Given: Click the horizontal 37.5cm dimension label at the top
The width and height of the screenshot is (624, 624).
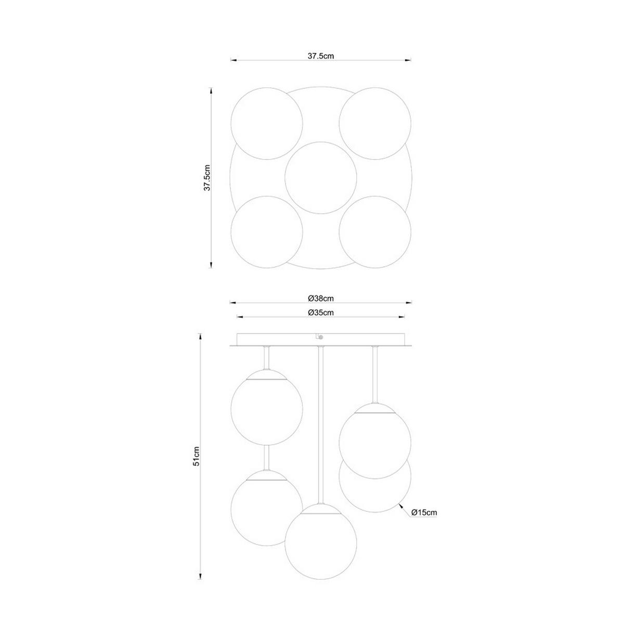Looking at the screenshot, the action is pos(320,56).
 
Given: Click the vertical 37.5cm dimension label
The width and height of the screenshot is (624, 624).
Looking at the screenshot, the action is pos(207,178).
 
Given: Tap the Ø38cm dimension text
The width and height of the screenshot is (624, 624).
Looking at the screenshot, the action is pos(320,298).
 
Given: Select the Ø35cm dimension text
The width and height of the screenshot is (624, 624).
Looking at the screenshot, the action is pos(320,313).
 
